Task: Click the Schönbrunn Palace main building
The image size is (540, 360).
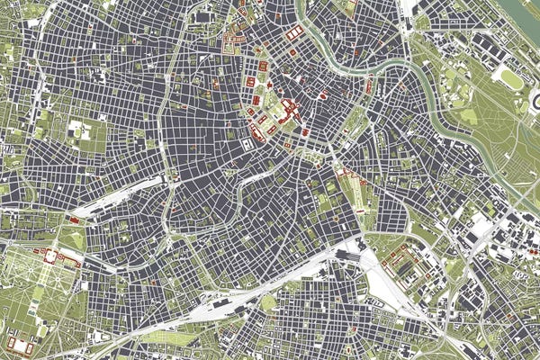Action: (50, 257)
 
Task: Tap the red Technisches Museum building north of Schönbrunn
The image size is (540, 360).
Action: (73, 220)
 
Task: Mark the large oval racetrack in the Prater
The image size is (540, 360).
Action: (511, 79)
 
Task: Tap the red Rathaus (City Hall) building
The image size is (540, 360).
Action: (251, 82)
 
